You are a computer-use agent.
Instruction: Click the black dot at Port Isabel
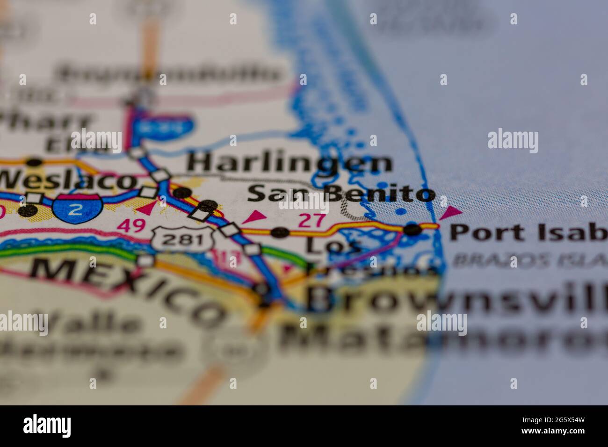coord(412,230)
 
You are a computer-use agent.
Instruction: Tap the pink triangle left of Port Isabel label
coord(450,213)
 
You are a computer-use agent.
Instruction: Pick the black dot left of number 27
coord(280,232)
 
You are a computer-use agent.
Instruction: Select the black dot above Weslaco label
coord(34,163)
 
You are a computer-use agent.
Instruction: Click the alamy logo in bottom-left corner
coord(47,426)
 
